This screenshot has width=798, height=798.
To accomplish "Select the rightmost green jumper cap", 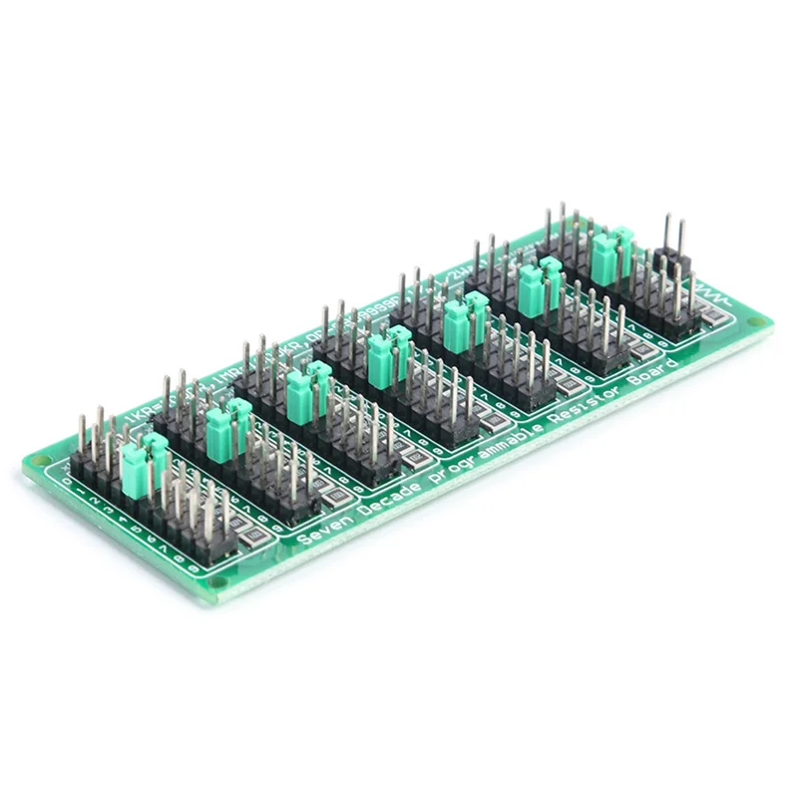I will [611, 254].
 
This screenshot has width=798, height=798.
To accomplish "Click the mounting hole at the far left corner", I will [38, 460].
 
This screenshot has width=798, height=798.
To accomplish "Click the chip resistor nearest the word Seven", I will [256, 538].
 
